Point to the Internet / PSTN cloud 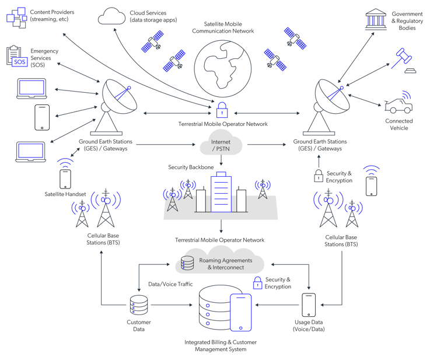coord(221,145)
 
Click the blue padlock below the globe coord(222,110)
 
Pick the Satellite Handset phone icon coord(65,179)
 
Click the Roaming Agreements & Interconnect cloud coord(220,263)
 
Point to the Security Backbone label coord(190,167)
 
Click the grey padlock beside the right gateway coord(319,175)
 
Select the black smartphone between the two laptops coord(41,117)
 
